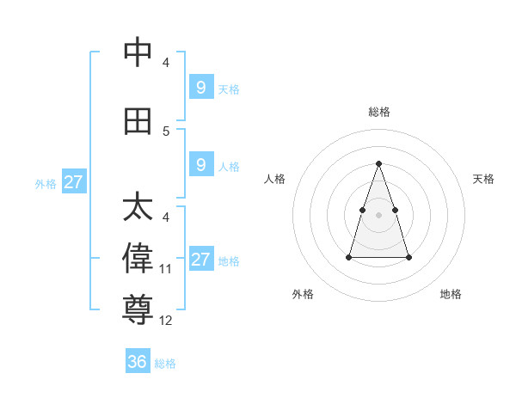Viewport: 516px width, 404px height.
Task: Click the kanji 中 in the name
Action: coord(138,53)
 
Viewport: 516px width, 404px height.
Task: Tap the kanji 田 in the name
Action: coord(138,122)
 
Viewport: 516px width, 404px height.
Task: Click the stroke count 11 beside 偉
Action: coord(166,269)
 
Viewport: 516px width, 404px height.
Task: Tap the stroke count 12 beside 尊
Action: coord(166,321)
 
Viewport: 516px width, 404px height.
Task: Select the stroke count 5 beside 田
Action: coord(166,132)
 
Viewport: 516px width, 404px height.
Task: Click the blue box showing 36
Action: coord(138,362)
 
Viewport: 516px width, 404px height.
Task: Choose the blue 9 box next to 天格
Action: coord(200,87)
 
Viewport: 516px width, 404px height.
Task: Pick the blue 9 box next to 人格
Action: coord(200,165)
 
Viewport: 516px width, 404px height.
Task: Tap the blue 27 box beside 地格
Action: coord(200,260)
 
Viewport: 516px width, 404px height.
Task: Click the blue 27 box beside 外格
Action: coord(73,182)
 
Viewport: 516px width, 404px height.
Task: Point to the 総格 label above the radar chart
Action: coord(379,112)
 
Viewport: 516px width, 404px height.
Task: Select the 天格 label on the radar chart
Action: coord(484,179)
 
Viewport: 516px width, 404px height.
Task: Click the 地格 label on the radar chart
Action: coord(451,295)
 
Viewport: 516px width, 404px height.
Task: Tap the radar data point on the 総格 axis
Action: coord(379,163)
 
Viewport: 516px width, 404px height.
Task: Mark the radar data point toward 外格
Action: coord(349,257)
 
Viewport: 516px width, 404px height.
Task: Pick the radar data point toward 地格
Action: coord(408,257)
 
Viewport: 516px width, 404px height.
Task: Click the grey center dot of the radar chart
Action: coord(379,214)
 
